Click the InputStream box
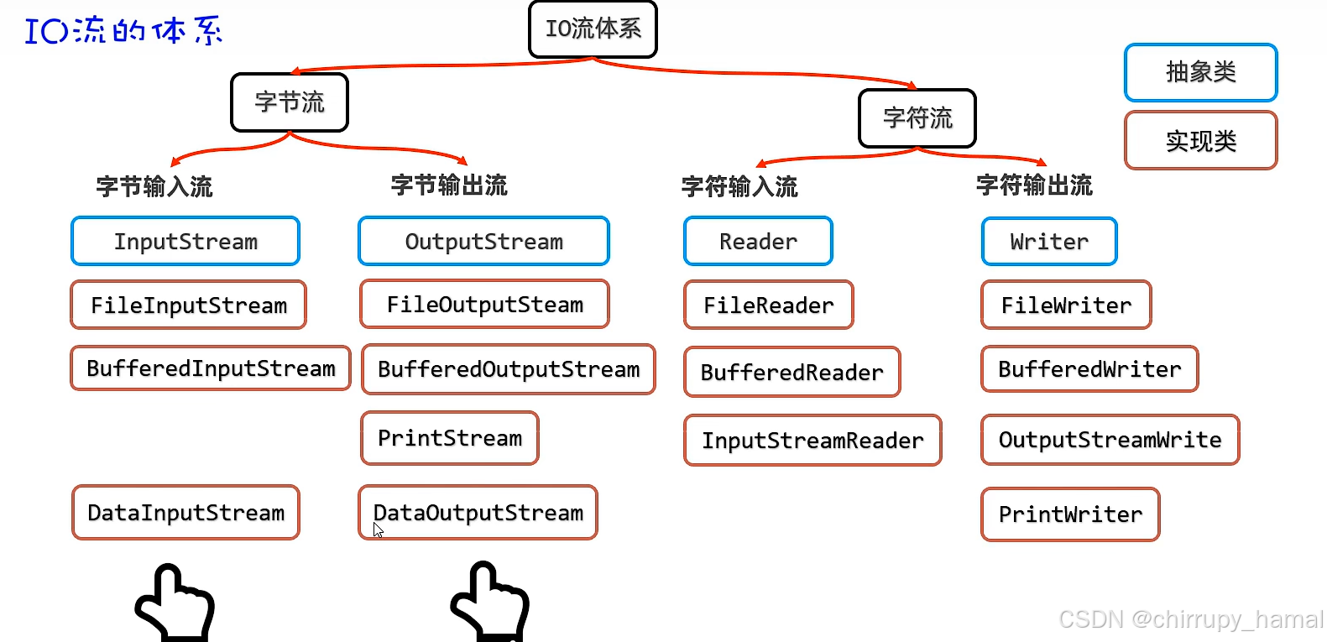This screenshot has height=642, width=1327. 185,242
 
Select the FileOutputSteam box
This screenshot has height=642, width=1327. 484,305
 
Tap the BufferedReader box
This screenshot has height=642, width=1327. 791,372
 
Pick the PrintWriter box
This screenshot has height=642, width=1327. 1070,514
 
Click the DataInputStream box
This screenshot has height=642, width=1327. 185,513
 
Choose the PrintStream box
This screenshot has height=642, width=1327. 450,438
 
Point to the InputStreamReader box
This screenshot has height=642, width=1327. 812,441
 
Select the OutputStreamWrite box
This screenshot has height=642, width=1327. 1110,440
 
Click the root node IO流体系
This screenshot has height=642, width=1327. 593,29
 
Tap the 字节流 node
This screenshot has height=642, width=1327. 290,102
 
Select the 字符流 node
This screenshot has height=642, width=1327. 917,118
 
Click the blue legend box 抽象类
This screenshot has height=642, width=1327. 1200,72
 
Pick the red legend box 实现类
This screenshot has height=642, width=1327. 1200,141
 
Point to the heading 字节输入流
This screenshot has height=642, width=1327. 154,186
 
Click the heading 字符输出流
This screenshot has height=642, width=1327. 1034,185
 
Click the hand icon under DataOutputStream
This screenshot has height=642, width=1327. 490,603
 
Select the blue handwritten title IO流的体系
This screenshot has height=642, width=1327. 123,31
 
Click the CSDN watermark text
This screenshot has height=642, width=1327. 1190,619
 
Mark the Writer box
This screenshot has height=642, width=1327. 1049,242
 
